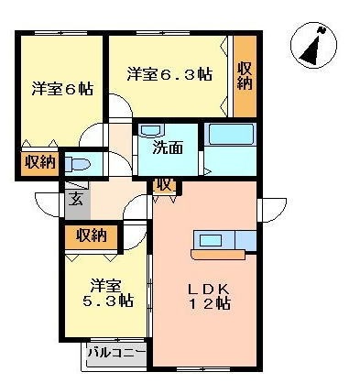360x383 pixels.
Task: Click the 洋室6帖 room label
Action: (x=62, y=89)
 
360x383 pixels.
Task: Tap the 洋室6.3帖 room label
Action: (x=169, y=73)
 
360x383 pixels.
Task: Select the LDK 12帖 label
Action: (x=209, y=296)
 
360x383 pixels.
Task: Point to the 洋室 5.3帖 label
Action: (x=107, y=293)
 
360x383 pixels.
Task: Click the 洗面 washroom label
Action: (x=168, y=148)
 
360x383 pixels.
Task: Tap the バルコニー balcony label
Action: (x=116, y=353)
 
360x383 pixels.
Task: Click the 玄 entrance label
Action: (x=75, y=199)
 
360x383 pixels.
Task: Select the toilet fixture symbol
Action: (x=78, y=164)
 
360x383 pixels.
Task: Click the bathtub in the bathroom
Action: (x=231, y=134)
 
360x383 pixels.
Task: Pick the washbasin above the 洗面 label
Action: (x=151, y=130)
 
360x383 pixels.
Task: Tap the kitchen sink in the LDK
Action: (x=211, y=240)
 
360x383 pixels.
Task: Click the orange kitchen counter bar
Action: (x=218, y=255)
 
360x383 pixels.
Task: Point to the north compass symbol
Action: (x=313, y=45)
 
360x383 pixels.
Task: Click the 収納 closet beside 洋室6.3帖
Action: (x=245, y=76)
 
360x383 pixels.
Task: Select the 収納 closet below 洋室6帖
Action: (x=39, y=162)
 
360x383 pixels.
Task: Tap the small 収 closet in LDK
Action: (x=165, y=186)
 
